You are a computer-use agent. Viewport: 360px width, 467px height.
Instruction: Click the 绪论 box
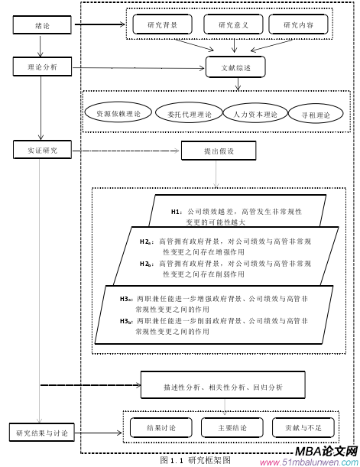[43, 26]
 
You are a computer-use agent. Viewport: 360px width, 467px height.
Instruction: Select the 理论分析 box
[43, 67]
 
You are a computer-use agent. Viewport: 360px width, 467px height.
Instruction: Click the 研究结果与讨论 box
[43, 433]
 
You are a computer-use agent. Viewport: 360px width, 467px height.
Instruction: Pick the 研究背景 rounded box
[162, 25]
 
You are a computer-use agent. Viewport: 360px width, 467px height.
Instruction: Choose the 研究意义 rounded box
[233, 25]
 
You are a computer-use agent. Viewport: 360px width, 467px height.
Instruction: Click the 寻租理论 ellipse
[316, 115]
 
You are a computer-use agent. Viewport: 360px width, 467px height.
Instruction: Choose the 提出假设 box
[218, 151]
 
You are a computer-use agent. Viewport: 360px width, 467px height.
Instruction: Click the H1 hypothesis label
[176, 210]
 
